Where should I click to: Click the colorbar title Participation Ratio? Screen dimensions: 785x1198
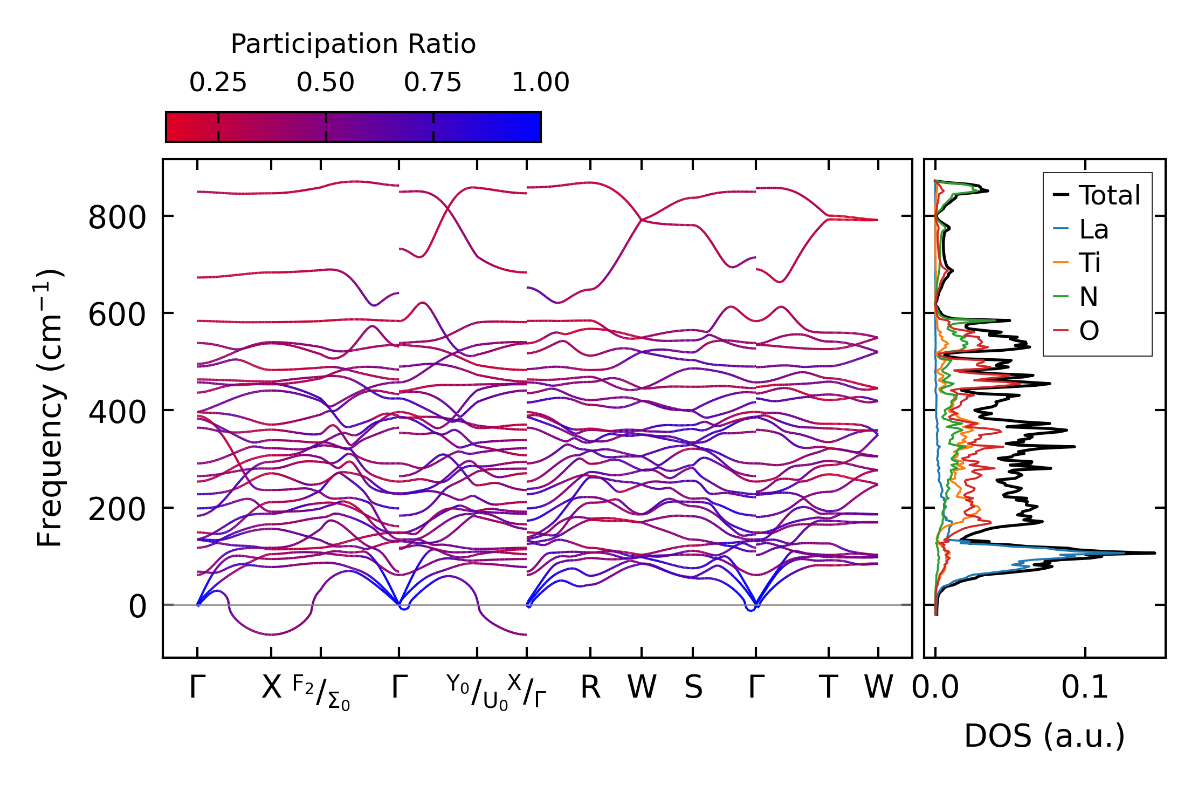point(353,44)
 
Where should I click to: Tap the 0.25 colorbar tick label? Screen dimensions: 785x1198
point(218,83)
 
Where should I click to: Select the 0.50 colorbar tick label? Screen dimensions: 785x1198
point(325,83)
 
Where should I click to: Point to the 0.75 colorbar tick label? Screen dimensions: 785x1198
point(432,83)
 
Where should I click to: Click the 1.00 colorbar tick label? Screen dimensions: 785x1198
point(540,83)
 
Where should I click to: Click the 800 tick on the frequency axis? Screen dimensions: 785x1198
point(117,219)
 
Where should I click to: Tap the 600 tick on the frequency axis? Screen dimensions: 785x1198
point(117,315)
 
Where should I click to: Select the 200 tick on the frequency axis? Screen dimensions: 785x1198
point(117,509)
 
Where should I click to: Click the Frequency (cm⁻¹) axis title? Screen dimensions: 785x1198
point(50,408)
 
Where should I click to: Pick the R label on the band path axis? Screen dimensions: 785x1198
point(590,688)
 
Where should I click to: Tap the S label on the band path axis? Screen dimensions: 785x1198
point(693,688)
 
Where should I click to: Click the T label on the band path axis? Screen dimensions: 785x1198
point(828,688)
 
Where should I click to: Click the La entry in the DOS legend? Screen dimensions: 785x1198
point(1093,229)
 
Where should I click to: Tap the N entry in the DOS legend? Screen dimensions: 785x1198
point(1089,297)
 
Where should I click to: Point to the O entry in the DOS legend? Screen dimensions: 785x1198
point(1089,331)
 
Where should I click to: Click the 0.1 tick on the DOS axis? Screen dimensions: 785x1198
point(1085,688)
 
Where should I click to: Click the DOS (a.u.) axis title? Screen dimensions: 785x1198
point(1044,736)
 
